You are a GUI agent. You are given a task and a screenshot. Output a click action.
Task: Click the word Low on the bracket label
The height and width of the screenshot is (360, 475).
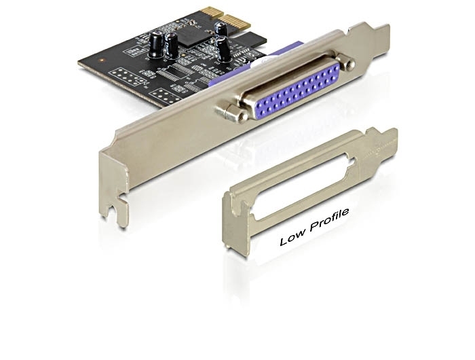[x=292, y=236]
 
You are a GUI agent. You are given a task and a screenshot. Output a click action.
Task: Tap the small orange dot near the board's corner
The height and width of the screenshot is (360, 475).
[x=103, y=60]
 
